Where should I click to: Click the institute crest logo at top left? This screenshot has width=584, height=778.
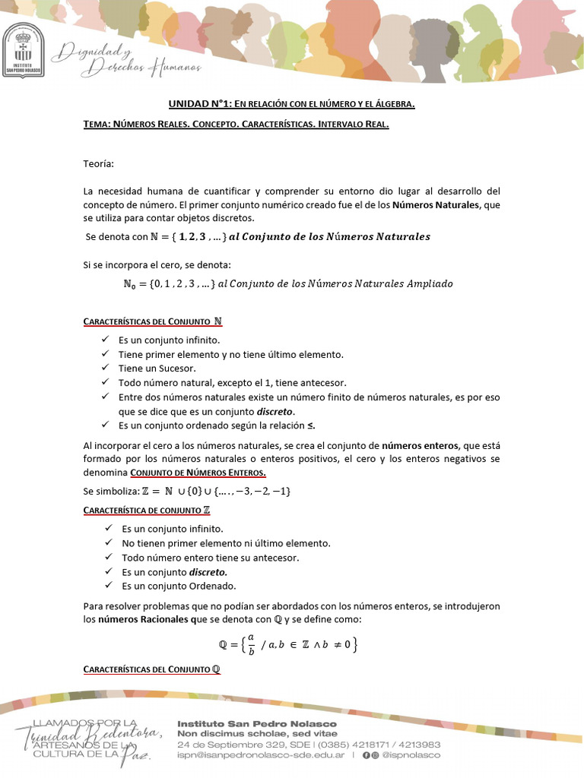pos(24,50)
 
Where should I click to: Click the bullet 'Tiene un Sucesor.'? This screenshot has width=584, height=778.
pos(151,368)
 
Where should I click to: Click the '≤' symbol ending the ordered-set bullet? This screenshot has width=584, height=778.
pos(311,425)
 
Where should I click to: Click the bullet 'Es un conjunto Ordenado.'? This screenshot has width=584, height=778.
pos(179,586)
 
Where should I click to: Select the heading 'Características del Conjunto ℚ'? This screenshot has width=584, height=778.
pos(152,669)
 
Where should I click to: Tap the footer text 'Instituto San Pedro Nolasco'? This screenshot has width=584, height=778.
pos(256,723)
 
